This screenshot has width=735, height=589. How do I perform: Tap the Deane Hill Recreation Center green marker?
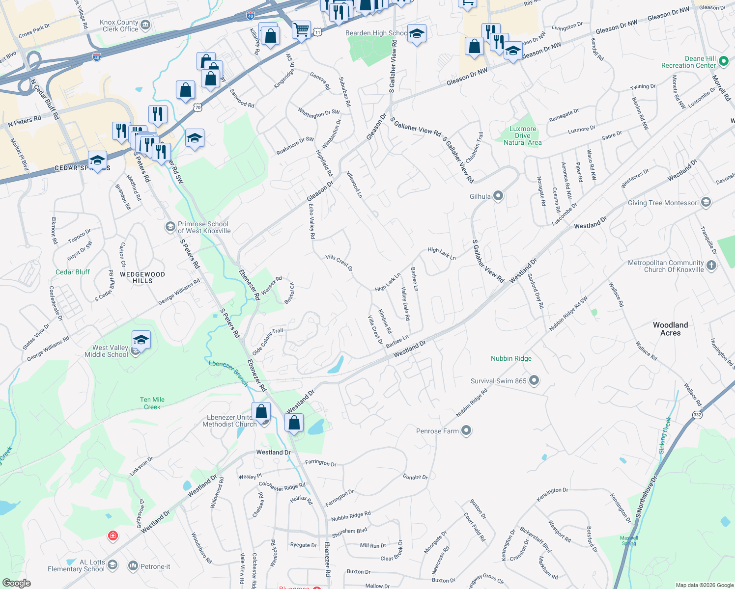click(723, 62)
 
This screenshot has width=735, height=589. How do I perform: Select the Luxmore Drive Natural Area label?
click(523, 136)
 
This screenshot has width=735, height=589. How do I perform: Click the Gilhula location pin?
click(498, 196)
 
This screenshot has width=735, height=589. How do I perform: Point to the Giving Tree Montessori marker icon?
click(706, 203)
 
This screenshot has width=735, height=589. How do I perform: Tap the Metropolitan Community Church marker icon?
click(711, 266)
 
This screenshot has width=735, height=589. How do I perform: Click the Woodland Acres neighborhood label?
click(670, 329)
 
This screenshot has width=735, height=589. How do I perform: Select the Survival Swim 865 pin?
click(535, 381)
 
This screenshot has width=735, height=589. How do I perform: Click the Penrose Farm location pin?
click(466, 431)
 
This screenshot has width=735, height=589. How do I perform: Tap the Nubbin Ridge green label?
click(511, 359)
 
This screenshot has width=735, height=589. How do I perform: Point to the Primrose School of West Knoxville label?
click(204, 227)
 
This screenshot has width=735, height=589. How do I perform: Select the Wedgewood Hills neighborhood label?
click(142, 278)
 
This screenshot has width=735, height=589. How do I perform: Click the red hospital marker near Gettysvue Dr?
click(113, 535)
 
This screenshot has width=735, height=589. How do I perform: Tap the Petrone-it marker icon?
click(133, 566)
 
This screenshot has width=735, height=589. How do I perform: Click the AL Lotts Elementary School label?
click(76, 565)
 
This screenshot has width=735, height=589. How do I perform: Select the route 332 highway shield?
click(697, 415)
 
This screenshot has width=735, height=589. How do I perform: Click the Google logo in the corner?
click(16, 583)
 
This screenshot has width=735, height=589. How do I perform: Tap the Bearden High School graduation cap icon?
click(417, 33)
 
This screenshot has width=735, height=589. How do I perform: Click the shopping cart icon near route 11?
click(301, 30)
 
